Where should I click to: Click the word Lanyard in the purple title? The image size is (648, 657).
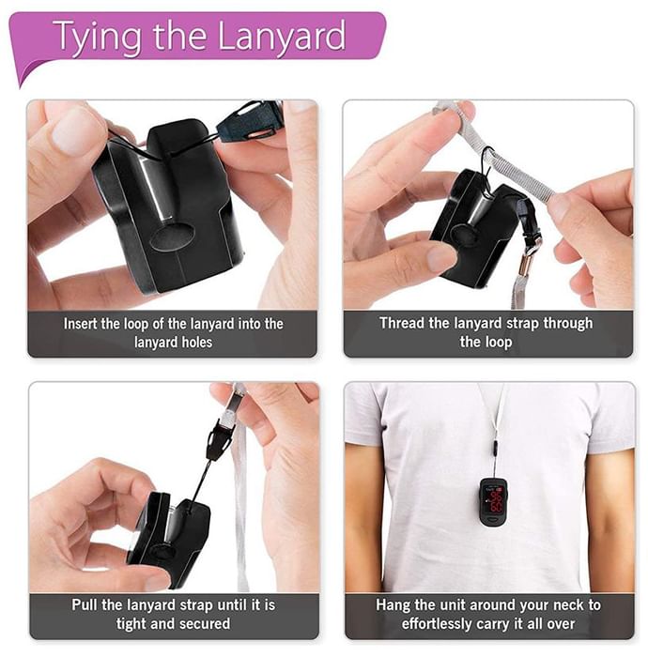(x=282, y=37)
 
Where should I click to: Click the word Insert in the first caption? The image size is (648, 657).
(x=81, y=324)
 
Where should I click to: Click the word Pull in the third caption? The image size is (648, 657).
(x=85, y=604)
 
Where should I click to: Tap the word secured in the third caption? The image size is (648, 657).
(x=205, y=623)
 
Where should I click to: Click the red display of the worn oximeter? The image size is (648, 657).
(x=495, y=501)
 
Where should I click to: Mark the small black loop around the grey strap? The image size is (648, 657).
(x=487, y=162)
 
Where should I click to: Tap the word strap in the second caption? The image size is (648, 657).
(x=519, y=324)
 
